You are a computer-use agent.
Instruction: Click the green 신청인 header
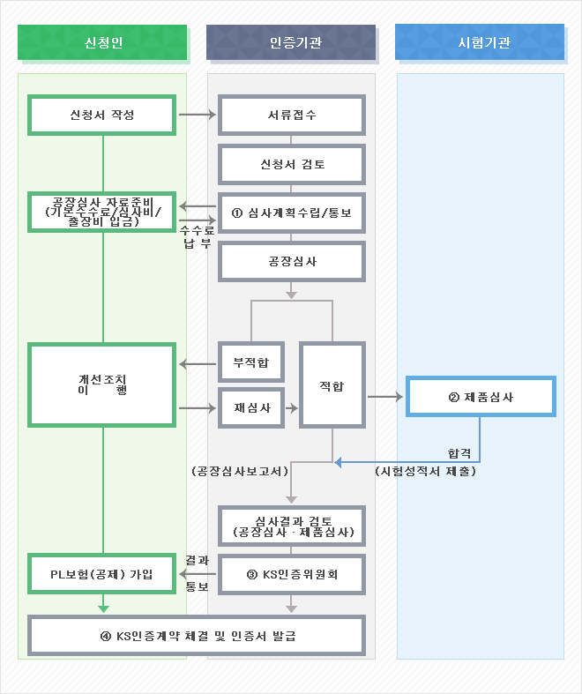click(x=102, y=42)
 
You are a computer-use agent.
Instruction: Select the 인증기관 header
click(x=291, y=42)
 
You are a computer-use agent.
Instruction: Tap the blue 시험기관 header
click(x=480, y=42)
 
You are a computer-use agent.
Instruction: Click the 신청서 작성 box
click(x=102, y=115)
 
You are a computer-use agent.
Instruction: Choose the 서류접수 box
click(x=292, y=115)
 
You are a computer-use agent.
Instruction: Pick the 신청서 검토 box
click(x=292, y=164)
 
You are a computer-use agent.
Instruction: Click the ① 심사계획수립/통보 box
click(x=292, y=213)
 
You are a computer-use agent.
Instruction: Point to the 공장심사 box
click(x=292, y=262)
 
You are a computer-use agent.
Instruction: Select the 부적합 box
click(x=251, y=362)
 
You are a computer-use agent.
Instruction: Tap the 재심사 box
click(x=251, y=408)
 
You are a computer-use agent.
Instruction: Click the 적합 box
click(x=332, y=385)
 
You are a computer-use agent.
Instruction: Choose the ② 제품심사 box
click(x=481, y=397)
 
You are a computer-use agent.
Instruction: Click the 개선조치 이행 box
click(x=102, y=384)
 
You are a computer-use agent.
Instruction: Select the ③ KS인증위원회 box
click(x=292, y=575)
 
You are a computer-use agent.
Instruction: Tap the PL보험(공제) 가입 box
click(x=102, y=575)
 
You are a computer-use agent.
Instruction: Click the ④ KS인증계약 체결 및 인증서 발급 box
click(x=197, y=636)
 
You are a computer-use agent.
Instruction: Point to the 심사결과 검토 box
click(x=292, y=526)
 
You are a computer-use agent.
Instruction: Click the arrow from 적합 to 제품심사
click(x=384, y=397)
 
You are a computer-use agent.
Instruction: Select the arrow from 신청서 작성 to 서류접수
click(x=197, y=115)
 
